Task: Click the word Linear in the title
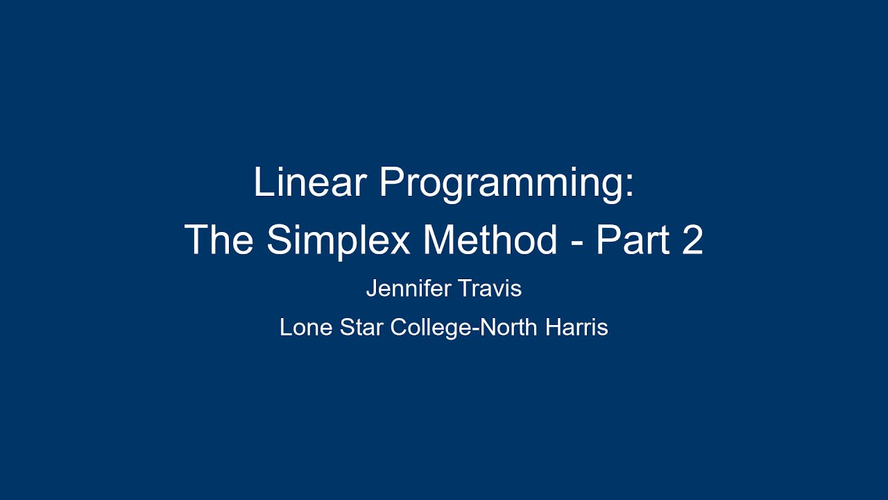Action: pos(310,183)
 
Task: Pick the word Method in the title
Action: pos(490,240)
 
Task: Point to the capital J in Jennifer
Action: pos(371,288)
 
